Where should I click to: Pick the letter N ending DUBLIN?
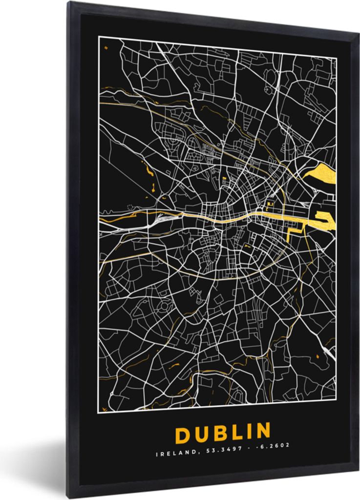pos(262,431)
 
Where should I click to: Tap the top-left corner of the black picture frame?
pos(68,2)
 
